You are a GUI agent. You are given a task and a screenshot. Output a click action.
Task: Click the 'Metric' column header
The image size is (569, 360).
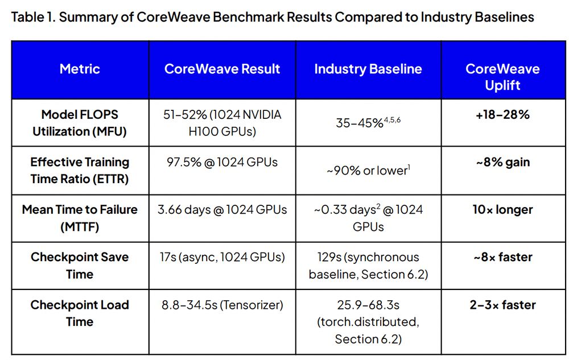[80, 69]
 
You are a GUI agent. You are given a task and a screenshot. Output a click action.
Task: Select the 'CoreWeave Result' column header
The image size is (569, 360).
[222, 69]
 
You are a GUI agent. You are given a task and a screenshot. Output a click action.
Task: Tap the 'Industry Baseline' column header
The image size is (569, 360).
[368, 69]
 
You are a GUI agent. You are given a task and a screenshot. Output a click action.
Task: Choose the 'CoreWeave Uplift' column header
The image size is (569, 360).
[502, 77]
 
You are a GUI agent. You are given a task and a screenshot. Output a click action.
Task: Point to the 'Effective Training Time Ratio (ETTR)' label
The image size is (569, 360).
[80, 170]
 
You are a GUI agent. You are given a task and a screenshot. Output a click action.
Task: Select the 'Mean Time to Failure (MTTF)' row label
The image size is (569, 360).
[80, 218]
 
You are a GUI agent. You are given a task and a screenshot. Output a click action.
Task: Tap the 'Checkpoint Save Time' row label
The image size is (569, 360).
[80, 266]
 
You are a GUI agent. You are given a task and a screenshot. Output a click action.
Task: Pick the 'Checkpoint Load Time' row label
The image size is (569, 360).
[80, 313]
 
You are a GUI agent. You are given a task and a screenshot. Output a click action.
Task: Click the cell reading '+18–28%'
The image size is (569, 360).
[502, 115]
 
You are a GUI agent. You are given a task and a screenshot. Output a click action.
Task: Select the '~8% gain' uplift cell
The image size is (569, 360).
[502, 162]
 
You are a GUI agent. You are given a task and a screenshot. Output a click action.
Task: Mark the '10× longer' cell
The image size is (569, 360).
[502, 210]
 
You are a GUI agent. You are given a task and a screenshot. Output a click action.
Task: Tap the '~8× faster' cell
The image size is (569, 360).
[502, 257]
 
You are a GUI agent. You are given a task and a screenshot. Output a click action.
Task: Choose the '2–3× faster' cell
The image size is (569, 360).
[502, 305]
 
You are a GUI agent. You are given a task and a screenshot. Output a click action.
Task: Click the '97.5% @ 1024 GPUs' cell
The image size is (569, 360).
[222, 162]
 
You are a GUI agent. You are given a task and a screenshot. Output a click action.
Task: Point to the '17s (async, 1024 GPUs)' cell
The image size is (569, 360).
[222, 257]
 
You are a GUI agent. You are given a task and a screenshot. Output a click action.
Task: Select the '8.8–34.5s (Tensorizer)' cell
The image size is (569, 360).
[222, 305]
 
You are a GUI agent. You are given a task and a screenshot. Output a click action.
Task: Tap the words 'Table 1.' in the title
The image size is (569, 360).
[33, 17]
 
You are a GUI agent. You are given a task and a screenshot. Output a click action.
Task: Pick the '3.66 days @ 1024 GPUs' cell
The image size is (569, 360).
[222, 210]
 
